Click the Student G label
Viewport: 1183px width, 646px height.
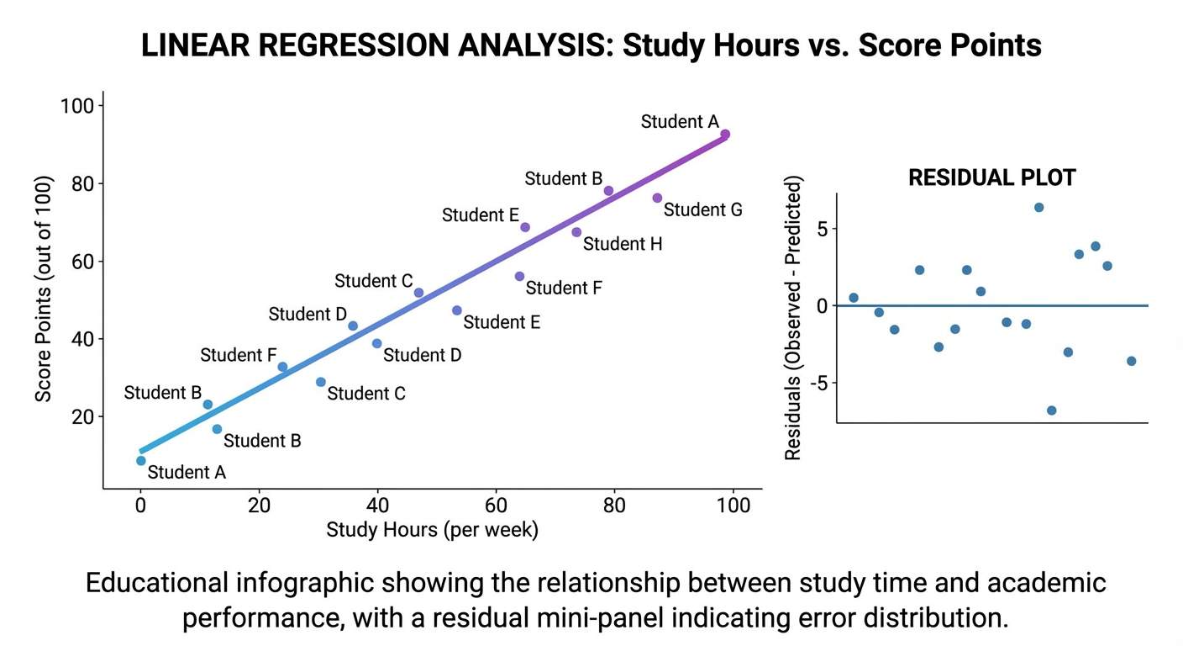702,209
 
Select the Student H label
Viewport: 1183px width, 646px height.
623,244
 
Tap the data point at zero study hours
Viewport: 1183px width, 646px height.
141,460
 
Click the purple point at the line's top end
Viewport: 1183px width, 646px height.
725,135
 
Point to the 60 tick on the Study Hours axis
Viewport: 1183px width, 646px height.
497,506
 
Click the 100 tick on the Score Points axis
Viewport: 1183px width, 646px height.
82,106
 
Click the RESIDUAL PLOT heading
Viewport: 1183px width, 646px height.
992,178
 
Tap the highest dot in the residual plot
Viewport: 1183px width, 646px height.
1038,207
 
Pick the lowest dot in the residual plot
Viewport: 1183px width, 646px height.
1051,410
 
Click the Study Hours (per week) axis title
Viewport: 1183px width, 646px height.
432,530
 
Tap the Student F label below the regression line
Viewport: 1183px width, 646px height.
563,288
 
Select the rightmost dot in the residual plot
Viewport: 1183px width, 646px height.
1131,361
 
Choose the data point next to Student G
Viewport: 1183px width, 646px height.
657,198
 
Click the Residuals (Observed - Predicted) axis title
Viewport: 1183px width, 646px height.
792,318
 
